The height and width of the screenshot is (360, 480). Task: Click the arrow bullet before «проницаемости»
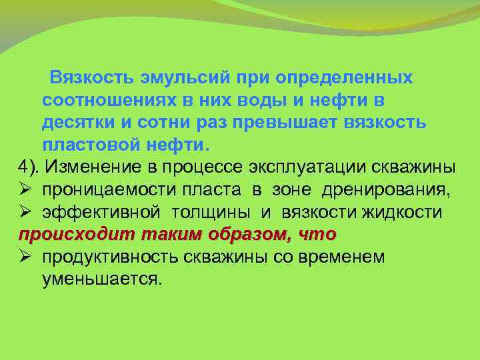click(x=25, y=190)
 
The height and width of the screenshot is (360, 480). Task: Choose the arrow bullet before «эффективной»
click(x=25, y=212)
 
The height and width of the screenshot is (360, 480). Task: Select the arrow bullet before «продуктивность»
click(x=25, y=257)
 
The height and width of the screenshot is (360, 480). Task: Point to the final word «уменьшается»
click(x=101, y=279)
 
